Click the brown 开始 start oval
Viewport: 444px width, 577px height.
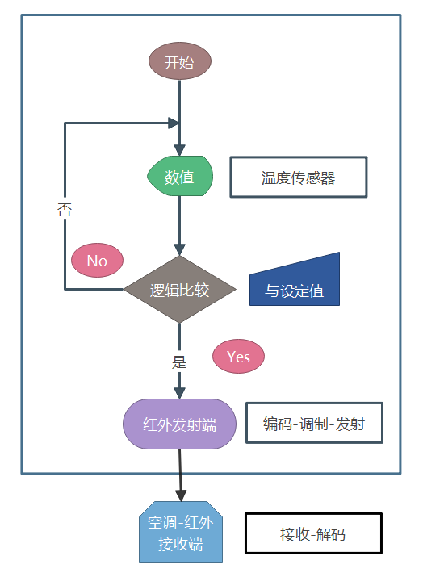(x=179, y=63)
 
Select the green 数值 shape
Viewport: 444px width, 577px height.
(x=179, y=177)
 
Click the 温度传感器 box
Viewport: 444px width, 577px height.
(x=298, y=178)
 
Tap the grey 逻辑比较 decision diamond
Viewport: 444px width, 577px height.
(x=179, y=290)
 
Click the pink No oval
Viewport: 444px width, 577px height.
(x=97, y=260)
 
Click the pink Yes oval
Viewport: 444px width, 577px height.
(x=238, y=357)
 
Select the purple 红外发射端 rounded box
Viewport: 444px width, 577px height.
(x=179, y=424)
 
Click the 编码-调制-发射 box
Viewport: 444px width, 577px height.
(x=313, y=424)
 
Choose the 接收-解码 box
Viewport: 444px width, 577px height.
(x=312, y=534)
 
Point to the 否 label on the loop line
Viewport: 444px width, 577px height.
(x=65, y=210)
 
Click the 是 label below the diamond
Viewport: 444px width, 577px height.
(x=179, y=362)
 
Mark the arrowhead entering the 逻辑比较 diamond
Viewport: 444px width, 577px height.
(x=179, y=249)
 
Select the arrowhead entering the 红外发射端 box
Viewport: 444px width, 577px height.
(x=179, y=392)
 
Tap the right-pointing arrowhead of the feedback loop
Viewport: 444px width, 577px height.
(x=173, y=123)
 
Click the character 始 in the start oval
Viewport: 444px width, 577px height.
(x=186, y=63)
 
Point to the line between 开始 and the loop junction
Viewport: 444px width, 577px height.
(x=179, y=101)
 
